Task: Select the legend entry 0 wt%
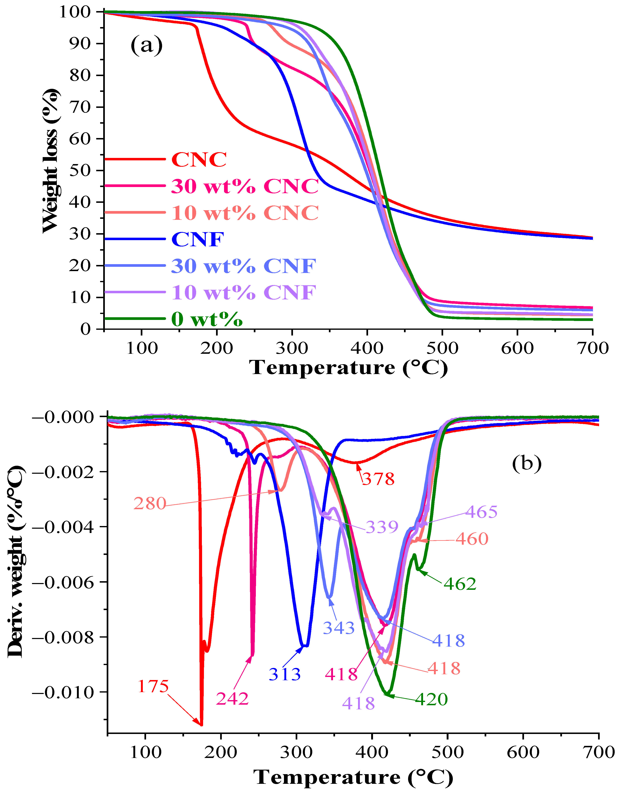(207, 319)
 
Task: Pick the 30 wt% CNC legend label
(245, 186)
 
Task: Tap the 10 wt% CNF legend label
(244, 292)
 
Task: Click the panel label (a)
(146, 45)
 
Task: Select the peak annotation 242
(232, 698)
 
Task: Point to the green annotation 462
(460, 584)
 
